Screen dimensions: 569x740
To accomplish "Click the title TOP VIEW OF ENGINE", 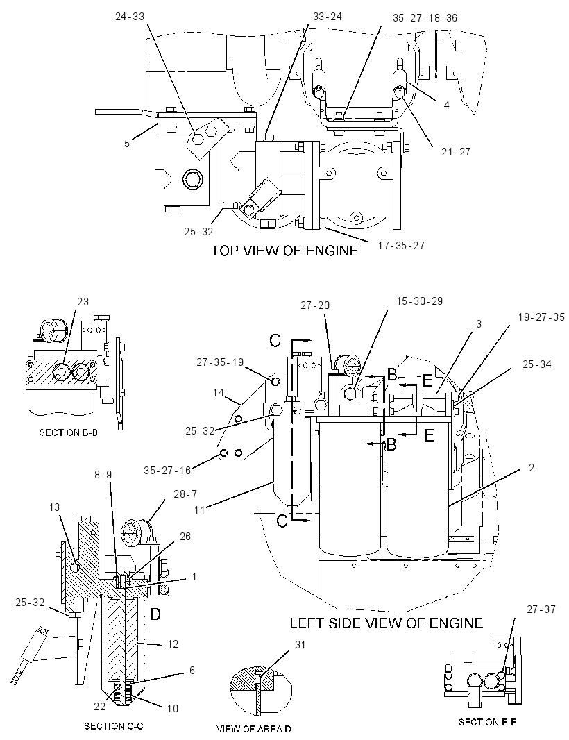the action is click(x=284, y=250).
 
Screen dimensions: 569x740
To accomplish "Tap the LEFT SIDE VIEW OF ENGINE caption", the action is click(x=387, y=623).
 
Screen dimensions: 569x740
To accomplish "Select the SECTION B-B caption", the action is click(x=69, y=432).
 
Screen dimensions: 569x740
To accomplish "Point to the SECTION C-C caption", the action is click(x=113, y=726).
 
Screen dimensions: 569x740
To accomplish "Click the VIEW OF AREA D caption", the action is click(x=253, y=729).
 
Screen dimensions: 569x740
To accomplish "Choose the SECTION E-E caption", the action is click(x=487, y=721).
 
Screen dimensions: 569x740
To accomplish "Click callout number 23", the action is click(x=83, y=301).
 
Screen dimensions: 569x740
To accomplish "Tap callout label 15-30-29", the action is click(x=419, y=301).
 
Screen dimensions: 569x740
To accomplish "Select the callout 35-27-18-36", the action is click(x=425, y=18).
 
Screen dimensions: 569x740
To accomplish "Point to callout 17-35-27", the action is click(x=401, y=246).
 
